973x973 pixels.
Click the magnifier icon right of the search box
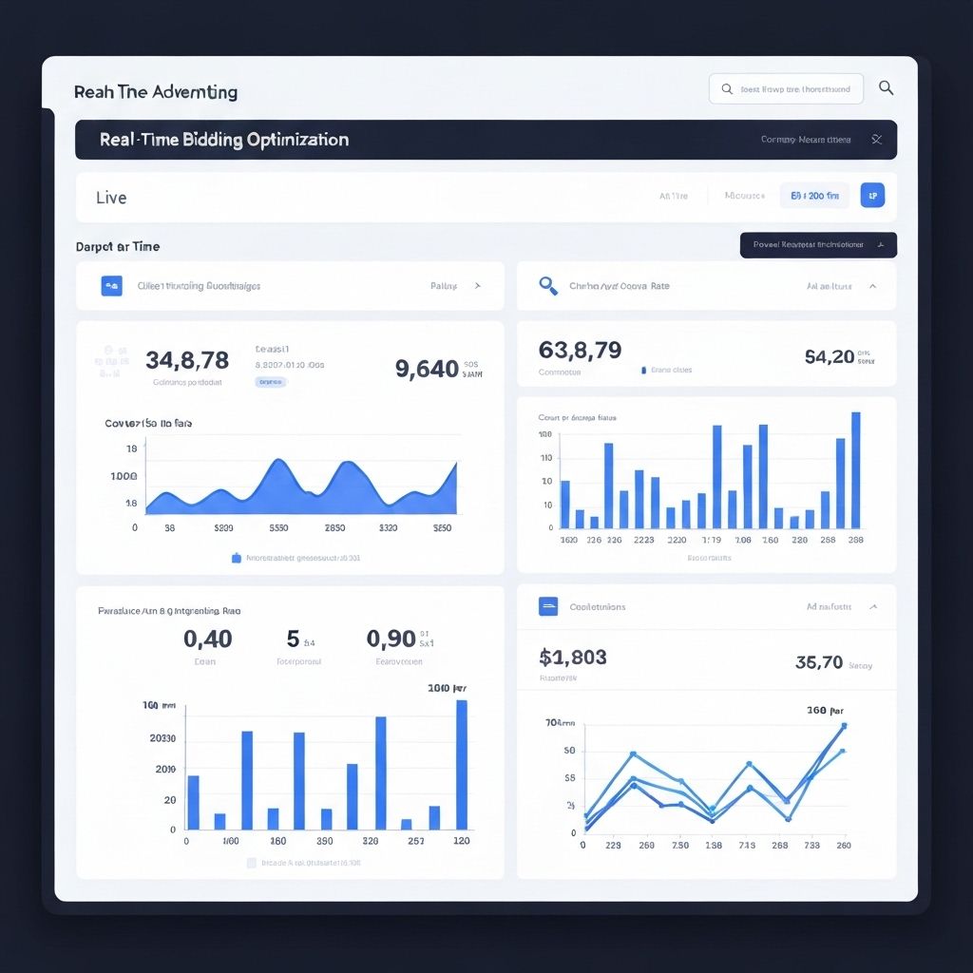tap(886, 88)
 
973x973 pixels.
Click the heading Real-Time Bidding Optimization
tap(224, 140)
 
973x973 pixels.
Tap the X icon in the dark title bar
tap(876, 140)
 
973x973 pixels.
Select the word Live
tap(111, 198)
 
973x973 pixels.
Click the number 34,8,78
tap(187, 360)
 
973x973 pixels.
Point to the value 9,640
tap(427, 369)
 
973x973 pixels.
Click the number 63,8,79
tap(580, 350)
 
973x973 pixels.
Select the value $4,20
tap(829, 356)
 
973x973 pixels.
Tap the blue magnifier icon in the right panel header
tap(547, 285)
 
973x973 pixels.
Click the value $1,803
tap(572, 657)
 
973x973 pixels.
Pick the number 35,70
tap(818, 661)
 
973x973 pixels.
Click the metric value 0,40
tap(208, 639)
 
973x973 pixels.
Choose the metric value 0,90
tap(391, 639)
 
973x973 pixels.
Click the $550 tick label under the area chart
tap(278, 527)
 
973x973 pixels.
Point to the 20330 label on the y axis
tap(162, 738)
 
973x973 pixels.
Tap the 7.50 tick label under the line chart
tap(680, 845)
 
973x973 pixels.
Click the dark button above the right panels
tap(817, 245)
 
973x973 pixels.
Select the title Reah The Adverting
tap(156, 92)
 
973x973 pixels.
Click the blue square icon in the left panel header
tap(111, 285)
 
